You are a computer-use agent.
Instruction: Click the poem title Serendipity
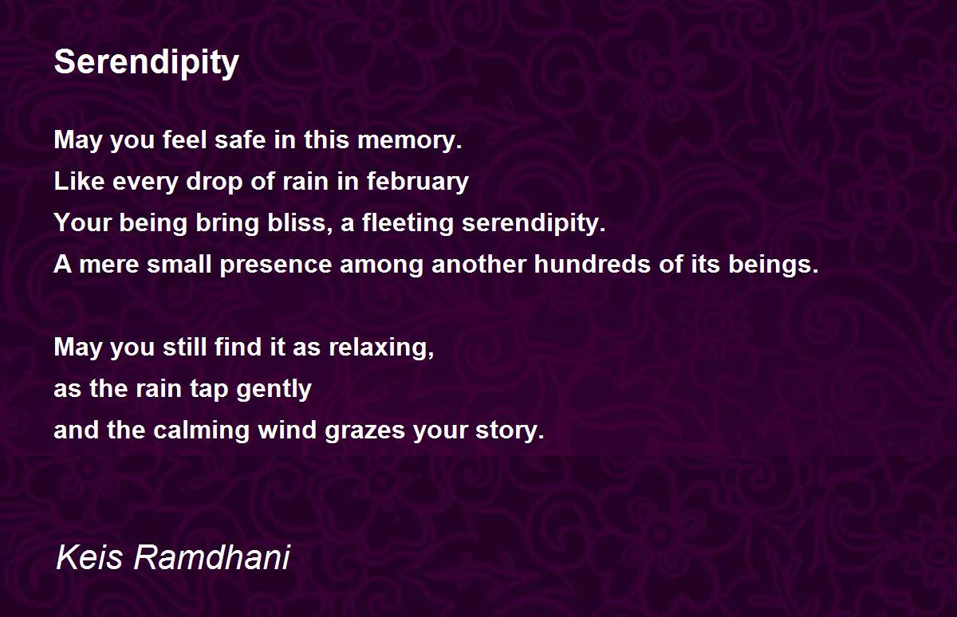[x=147, y=63]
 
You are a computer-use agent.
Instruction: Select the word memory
[x=410, y=141]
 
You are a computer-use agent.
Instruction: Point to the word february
[x=418, y=183]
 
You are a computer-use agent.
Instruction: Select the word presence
[x=276, y=265]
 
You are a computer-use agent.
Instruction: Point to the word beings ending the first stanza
[x=774, y=265]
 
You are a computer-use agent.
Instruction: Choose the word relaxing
[x=381, y=348]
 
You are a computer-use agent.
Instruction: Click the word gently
[x=274, y=390]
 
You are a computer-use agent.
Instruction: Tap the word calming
[x=201, y=431]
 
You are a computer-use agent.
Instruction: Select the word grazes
[x=364, y=431]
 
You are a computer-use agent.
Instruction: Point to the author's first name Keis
[x=89, y=558]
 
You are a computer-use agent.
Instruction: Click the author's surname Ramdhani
[x=212, y=558]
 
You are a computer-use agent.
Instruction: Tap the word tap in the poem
[x=209, y=391]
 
